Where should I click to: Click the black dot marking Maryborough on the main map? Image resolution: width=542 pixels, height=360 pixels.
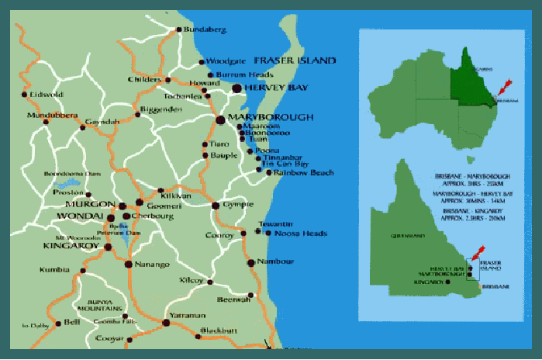coord(219,119)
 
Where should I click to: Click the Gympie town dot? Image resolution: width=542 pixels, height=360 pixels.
coord(216,206)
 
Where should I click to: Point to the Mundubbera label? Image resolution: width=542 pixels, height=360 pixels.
coord(52,116)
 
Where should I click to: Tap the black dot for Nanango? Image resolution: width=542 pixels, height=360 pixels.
coord(128,265)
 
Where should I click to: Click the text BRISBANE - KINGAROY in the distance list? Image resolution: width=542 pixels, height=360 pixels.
coord(464,210)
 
